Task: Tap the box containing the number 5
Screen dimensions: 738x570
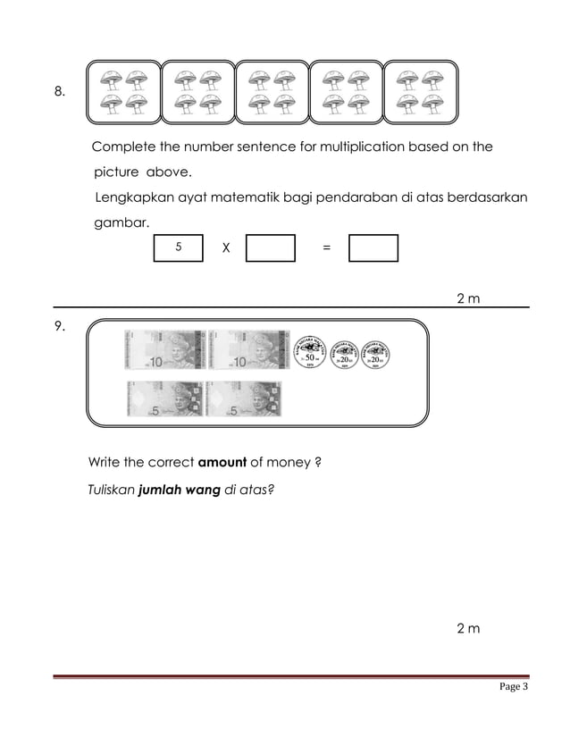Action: pos(179,247)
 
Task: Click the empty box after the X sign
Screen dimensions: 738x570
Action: pos(270,248)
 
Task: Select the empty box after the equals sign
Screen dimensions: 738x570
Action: pos(373,248)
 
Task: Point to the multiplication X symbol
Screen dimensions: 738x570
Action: pos(226,249)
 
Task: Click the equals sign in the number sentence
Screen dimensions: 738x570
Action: pos(324,248)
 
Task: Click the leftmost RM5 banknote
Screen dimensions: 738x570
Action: pos(164,398)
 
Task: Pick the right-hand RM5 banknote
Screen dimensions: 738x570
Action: pos(243,398)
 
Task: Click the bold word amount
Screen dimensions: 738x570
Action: pos(228,463)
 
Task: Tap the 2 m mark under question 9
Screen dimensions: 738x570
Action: pos(468,629)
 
